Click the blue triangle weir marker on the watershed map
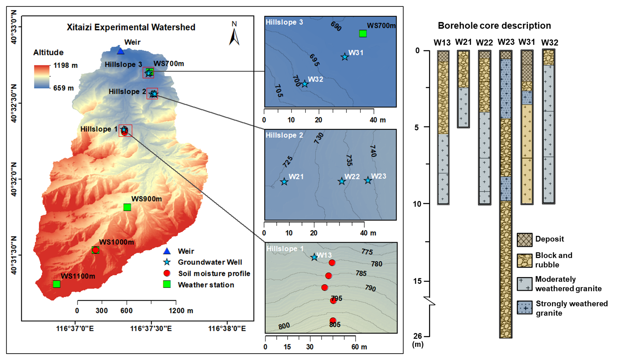click(121, 51)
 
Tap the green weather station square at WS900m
click(127, 207)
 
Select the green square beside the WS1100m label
click(57, 284)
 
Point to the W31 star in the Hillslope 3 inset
click(345, 57)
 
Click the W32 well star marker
click(304, 84)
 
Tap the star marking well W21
click(284, 182)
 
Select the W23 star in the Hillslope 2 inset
click(368, 180)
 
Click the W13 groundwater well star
click(314, 257)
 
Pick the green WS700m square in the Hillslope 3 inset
click(363, 34)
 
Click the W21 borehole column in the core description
click(463, 89)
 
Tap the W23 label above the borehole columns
click(506, 42)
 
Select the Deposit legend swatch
click(524, 240)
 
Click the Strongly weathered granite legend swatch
click(524, 307)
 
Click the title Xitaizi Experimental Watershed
click(131, 27)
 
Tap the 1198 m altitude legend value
click(65, 65)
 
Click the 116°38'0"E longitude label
click(227, 328)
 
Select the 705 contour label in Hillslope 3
click(279, 91)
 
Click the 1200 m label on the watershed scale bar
click(181, 311)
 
